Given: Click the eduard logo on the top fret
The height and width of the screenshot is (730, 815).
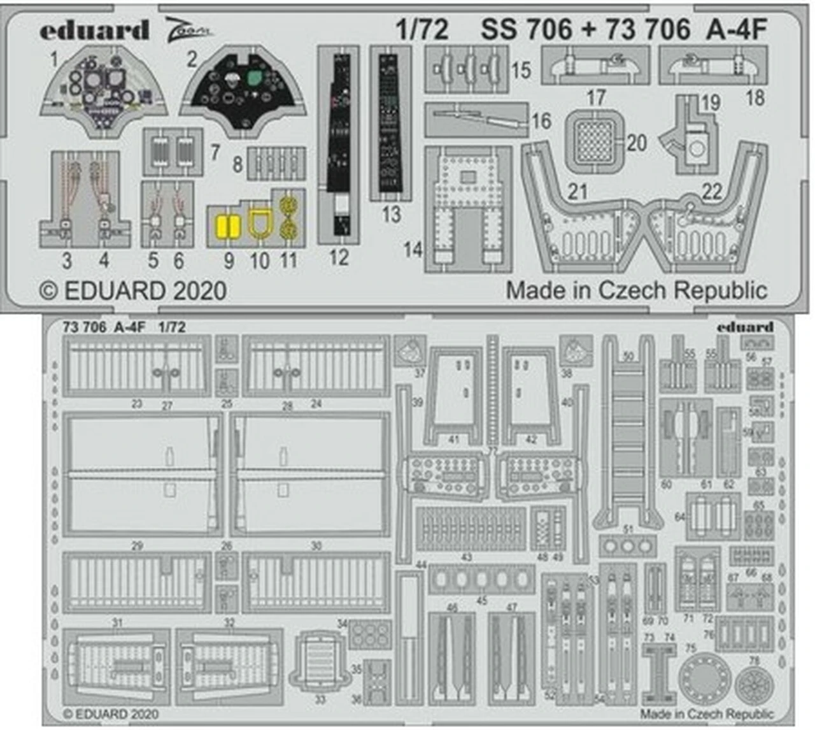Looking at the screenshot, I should click(x=94, y=30).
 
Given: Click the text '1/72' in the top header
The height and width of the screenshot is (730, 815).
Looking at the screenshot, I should click(x=422, y=29).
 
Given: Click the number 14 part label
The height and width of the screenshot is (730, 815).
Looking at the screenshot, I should click(x=413, y=249).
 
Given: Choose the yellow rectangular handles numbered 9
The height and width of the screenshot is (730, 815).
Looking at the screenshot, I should click(x=227, y=227).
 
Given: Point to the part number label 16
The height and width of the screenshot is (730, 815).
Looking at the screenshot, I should click(x=541, y=120).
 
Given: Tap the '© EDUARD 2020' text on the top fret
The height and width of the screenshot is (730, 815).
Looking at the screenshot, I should click(x=133, y=290).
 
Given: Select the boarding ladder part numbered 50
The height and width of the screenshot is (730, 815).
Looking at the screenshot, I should click(x=628, y=433).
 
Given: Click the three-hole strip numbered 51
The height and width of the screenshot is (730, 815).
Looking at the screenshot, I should click(x=628, y=547).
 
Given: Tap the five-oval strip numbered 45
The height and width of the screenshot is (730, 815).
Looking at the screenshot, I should click(x=481, y=580).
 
